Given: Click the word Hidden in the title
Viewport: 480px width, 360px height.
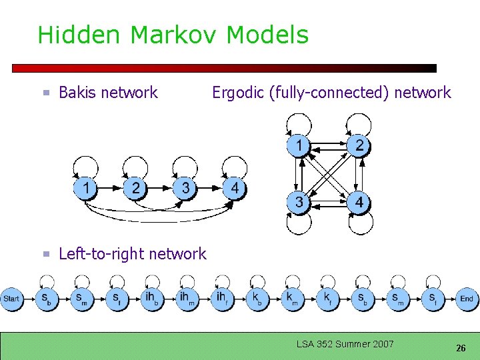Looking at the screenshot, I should tap(65, 35).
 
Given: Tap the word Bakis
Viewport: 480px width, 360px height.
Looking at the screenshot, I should tap(79, 93).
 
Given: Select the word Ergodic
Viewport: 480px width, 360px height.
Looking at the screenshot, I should tap(238, 93).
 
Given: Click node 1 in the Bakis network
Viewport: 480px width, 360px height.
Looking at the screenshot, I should tap(86, 189).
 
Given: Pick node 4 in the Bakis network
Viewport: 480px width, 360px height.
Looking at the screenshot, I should tap(234, 189).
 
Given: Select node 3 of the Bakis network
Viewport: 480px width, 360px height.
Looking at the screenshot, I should tap(185, 189).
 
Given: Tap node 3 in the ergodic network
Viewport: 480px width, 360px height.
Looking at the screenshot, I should tap(300, 202).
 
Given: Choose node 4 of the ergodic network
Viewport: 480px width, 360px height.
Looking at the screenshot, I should tap(359, 202).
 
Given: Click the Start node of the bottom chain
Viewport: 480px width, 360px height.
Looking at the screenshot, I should tap(11, 299).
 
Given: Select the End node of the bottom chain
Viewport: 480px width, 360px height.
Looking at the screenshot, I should tap(467, 299).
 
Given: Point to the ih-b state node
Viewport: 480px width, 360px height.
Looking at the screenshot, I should tap(152, 298).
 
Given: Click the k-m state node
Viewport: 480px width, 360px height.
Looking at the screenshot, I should tap(292, 298).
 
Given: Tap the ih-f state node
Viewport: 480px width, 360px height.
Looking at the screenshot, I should tap(221, 298).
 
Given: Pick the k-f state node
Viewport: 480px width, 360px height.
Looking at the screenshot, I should tap(327, 298).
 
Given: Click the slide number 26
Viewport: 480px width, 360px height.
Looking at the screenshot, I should tap(461, 348).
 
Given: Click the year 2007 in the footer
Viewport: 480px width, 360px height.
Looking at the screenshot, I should tap(382, 344).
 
